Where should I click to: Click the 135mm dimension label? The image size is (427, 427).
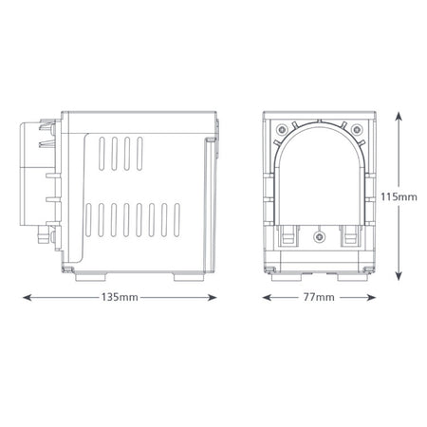[121, 297]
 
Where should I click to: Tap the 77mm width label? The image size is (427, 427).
[320, 297]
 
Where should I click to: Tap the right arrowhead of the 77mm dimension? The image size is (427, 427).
[373, 297]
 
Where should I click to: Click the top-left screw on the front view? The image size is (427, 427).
[284, 129]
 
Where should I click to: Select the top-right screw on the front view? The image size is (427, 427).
[356, 129]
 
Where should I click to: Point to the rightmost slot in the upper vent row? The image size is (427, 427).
[138, 152]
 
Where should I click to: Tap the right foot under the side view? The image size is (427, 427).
[190, 275]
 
